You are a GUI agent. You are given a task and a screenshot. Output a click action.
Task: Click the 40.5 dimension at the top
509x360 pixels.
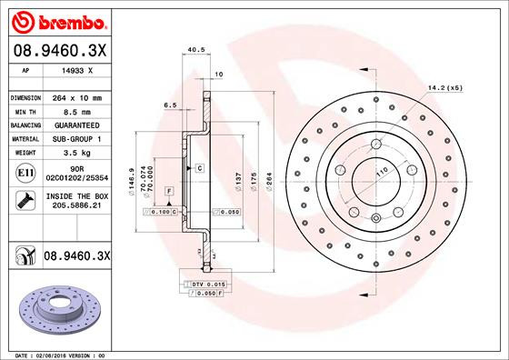193,51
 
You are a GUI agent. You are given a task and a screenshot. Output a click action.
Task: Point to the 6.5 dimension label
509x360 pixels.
170,105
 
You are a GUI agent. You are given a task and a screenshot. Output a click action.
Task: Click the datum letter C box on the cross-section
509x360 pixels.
198,169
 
